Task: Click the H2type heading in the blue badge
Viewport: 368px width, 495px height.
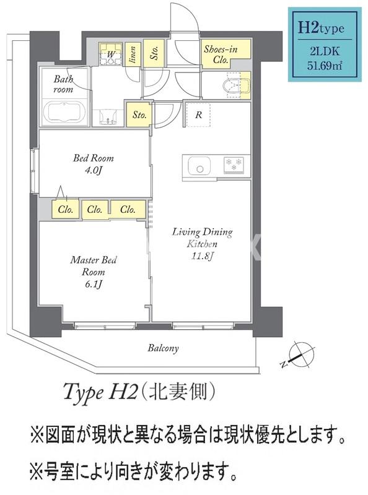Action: pyautogui.click(x=321, y=27)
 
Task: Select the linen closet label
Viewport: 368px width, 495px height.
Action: pyautogui.click(x=132, y=54)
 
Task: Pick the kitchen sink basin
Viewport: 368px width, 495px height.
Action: pyautogui.click(x=199, y=165)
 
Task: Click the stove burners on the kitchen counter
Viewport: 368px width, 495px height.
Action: pyautogui.click(x=234, y=165)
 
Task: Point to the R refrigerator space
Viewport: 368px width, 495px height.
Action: pyautogui.click(x=198, y=114)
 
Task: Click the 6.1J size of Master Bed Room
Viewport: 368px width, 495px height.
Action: pyautogui.click(x=93, y=284)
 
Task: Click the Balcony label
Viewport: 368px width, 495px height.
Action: pyautogui.click(x=163, y=348)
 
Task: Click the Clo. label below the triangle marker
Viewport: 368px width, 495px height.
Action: pyautogui.click(x=66, y=210)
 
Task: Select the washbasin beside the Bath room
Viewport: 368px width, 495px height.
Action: pyautogui.click(x=109, y=114)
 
